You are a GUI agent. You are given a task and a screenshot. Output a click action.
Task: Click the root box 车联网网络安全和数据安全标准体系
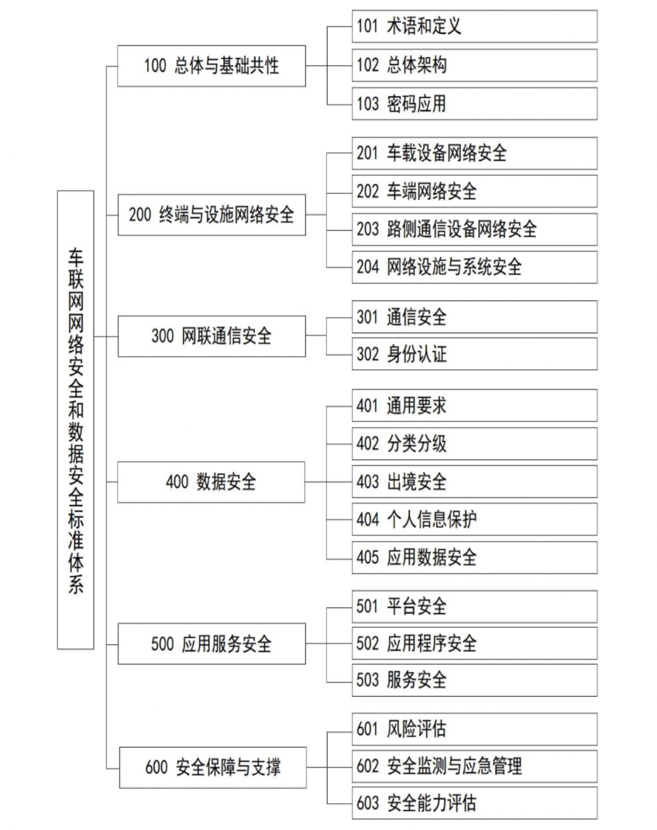click(75, 420)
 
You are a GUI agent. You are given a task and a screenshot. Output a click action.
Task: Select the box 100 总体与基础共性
click(211, 66)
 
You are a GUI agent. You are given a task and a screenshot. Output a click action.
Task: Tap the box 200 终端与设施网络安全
click(212, 215)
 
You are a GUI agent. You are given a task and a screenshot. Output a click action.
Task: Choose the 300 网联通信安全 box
click(212, 337)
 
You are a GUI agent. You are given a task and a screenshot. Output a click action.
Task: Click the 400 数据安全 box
click(211, 482)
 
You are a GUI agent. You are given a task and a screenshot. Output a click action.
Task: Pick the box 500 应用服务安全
click(212, 643)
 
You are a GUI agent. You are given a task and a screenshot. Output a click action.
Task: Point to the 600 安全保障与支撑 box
click(213, 767)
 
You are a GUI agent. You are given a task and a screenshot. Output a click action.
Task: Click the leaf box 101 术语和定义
click(474, 27)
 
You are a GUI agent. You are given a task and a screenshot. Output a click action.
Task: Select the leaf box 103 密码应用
click(474, 104)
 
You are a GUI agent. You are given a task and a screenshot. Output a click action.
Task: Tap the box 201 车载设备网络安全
click(474, 153)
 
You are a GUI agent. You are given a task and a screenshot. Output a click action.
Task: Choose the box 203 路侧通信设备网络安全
click(474, 230)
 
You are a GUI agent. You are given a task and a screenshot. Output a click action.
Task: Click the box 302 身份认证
click(474, 354)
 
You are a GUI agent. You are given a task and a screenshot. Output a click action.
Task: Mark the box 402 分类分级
click(474, 444)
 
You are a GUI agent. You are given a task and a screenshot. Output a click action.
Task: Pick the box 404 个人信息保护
click(474, 519)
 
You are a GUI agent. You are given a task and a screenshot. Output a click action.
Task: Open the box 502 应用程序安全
click(474, 643)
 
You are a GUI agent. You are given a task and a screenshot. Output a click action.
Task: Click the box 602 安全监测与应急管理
click(474, 766)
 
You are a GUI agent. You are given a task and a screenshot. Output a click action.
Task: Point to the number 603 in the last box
click(367, 803)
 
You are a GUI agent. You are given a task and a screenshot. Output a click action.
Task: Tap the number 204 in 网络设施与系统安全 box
click(367, 267)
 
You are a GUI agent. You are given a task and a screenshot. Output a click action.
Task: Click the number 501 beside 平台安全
click(367, 606)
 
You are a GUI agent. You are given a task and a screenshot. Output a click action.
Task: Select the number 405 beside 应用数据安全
click(367, 558)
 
